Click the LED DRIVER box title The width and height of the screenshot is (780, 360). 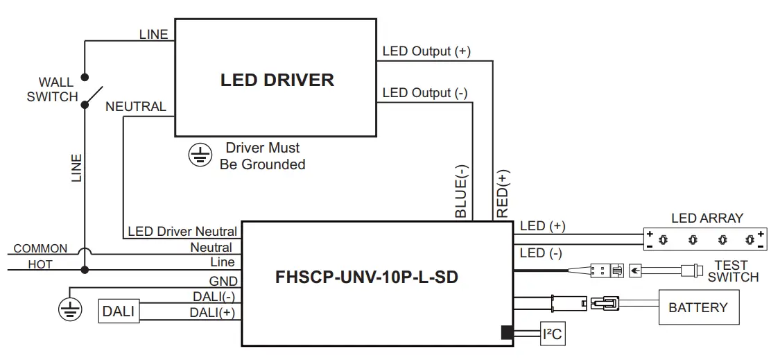click(x=277, y=80)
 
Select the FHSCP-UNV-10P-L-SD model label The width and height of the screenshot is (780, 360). click(x=367, y=277)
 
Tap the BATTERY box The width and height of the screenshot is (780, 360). click(x=697, y=307)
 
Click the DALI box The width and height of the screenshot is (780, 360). click(x=118, y=311)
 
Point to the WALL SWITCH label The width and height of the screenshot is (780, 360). click(x=53, y=89)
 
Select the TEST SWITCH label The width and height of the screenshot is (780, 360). click(x=733, y=271)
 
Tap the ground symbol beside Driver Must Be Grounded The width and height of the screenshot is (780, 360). click(x=200, y=156)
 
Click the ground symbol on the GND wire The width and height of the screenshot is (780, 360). click(x=70, y=309)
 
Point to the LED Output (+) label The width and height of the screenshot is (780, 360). click(x=426, y=51)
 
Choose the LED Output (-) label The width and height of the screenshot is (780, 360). click(x=425, y=93)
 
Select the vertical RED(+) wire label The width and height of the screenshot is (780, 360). click(x=503, y=193)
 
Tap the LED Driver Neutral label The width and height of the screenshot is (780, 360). click(x=182, y=232)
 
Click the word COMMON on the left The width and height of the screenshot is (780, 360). click(x=40, y=248)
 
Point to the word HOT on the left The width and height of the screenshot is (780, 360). click(x=40, y=264)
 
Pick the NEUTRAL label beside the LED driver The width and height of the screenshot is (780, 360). click(x=136, y=107)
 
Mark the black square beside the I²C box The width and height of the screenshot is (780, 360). click(x=507, y=333)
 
